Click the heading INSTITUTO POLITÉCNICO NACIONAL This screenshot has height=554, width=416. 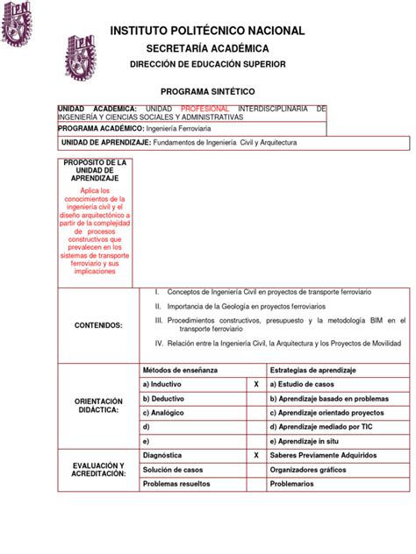pos(207,31)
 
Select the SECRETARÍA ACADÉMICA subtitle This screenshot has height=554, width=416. pos(207,48)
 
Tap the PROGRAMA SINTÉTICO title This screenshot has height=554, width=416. pos(207,90)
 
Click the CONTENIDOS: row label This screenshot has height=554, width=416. pos(97,325)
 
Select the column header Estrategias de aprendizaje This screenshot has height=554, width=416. pos(312,371)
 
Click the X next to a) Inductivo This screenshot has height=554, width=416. pos(255,385)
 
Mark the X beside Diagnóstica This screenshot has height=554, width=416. pos(255,456)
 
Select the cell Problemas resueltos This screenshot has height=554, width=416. pos(179,483)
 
